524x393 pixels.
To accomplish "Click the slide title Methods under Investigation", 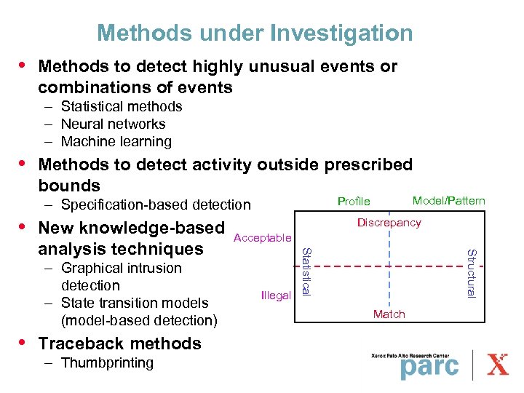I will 255,33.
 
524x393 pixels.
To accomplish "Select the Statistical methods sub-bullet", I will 122,106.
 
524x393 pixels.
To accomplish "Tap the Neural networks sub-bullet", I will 113,124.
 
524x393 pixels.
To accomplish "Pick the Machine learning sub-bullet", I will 116,141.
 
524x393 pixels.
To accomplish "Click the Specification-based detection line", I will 156,205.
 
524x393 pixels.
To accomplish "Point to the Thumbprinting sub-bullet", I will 107,362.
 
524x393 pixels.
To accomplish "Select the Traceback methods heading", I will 119,343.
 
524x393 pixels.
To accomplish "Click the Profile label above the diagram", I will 354,202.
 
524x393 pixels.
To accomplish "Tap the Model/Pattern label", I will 448,201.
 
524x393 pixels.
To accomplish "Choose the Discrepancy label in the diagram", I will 389,223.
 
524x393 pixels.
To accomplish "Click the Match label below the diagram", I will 389,314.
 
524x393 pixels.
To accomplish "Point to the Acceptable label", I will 262,238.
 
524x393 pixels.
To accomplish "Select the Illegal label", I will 275,295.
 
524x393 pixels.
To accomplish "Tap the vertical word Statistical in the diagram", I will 306,271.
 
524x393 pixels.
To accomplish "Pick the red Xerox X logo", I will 497,363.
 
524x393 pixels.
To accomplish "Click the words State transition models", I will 135,303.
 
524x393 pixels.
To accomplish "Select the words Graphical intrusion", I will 122,268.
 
